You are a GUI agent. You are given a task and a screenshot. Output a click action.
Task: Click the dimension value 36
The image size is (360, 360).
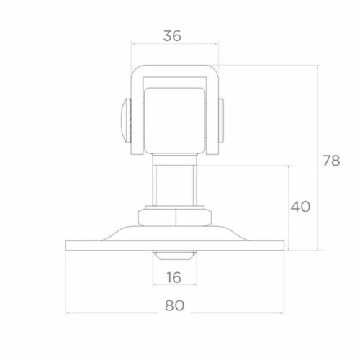[172, 36]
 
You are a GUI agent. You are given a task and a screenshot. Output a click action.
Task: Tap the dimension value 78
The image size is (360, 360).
[331, 161]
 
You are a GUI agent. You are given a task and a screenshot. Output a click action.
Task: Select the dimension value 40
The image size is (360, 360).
[300, 207]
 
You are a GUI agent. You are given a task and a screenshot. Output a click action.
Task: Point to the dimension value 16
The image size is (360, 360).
[174, 277]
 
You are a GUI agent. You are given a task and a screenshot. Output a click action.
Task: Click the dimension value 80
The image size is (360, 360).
[174, 305]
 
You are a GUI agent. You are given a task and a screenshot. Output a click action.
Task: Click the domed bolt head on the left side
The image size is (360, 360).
[126, 120]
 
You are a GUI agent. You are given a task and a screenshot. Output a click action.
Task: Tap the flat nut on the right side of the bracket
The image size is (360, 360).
[221, 120]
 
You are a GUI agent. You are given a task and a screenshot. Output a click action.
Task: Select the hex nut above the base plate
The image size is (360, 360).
[175, 217]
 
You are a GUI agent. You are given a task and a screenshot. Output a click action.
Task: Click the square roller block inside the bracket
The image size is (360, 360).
[175, 121]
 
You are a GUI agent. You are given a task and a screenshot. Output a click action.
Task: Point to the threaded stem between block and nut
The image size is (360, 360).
[174, 185]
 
